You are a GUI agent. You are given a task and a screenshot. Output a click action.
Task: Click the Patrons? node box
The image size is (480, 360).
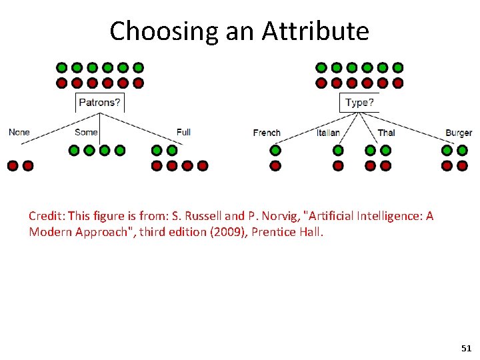(100, 103)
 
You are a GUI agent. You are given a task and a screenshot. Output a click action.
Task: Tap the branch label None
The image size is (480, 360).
(19, 132)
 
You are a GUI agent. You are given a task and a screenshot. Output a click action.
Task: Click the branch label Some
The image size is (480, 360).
(86, 132)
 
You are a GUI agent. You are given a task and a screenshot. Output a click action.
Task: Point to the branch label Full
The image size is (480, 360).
(183, 132)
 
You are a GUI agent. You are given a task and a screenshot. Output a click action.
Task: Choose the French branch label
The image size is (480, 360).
(267, 133)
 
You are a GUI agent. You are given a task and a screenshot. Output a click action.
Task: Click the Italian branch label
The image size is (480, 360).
(328, 133)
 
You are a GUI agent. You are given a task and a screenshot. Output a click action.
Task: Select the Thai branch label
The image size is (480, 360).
(386, 133)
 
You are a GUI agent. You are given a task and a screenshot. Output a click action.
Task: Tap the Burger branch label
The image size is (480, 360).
(459, 133)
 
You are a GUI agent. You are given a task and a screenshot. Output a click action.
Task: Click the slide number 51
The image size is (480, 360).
(466, 349)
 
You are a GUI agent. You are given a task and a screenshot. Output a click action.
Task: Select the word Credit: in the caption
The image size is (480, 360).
(47, 216)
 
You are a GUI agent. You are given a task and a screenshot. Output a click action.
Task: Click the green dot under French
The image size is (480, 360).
(275, 151)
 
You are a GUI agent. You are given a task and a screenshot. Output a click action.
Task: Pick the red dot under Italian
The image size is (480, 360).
(338, 165)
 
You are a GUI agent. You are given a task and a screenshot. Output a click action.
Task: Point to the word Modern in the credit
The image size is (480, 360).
(49, 232)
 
